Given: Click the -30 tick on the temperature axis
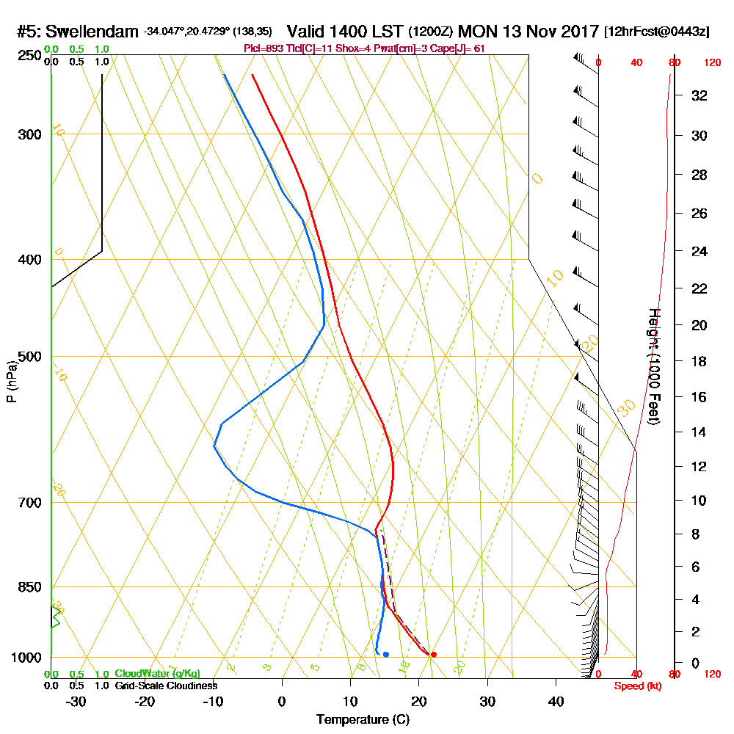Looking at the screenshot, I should pos(76,702).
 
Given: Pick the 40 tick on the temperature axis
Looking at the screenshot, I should pos(556,702).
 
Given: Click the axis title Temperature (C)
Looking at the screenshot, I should pos(363,720).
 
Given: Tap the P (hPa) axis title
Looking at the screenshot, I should pos(11,381).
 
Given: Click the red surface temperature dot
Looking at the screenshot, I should pos(434,654).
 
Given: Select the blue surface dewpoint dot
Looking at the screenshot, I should pos(385,654).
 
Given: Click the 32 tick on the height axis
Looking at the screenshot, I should pos(699,95).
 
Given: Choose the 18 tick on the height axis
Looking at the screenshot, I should pos(699,361).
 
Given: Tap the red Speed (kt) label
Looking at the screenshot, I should pos(633,686).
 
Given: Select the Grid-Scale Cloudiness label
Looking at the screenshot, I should pos(165,686).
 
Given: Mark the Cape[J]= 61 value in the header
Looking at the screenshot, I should pos(459,48).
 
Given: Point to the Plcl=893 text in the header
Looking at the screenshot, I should pos(263,48).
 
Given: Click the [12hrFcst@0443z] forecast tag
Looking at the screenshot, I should pos(656,32).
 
